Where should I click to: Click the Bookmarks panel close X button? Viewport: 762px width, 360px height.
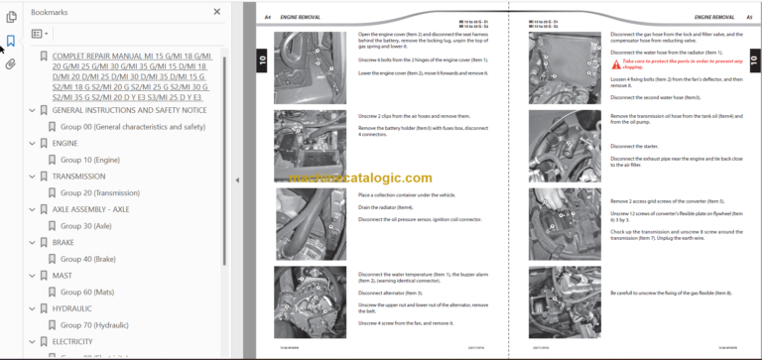217,12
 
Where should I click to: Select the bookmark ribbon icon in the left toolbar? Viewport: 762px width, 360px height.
11,41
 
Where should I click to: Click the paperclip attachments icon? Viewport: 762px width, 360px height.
11,63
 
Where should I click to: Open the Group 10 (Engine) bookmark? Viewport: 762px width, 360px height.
90,159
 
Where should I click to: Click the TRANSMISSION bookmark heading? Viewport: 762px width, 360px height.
79,176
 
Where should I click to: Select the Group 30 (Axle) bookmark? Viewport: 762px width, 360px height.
85,226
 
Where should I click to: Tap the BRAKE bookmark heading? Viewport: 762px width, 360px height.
64,243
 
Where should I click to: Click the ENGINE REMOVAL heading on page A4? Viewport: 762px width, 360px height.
301,18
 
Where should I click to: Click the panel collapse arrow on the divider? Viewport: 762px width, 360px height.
236,180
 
